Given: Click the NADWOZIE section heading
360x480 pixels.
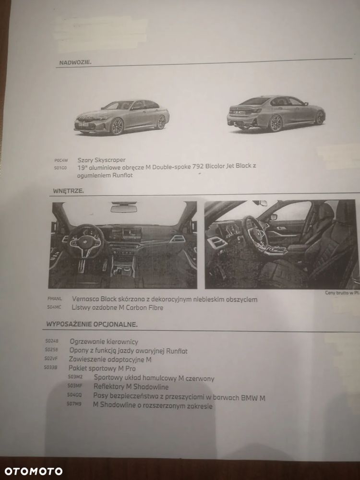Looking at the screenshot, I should click(x=75, y=62).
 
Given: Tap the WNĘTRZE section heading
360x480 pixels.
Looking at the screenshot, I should click(x=68, y=191).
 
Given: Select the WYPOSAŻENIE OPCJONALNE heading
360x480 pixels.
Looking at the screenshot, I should click(x=92, y=324).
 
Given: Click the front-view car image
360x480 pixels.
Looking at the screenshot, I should click(x=121, y=118).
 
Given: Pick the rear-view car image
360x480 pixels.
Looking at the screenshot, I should click(x=276, y=114).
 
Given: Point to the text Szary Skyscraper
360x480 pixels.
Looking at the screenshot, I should click(x=101, y=160).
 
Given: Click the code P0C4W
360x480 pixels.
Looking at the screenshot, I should click(x=61, y=160).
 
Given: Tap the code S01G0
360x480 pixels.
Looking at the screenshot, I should click(x=61, y=168).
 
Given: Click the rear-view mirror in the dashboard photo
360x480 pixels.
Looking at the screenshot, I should click(x=123, y=208).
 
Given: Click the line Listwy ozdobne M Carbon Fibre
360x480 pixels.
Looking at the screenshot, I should click(x=117, y=308).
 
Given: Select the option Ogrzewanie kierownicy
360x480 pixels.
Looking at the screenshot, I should click(x=104, y=342).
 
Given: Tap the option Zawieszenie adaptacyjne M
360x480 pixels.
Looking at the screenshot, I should click(x=110, y=360).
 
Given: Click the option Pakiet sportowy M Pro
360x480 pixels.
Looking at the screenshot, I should click(x=102, y=368).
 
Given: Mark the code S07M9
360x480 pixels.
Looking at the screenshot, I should click(x=74, y=404).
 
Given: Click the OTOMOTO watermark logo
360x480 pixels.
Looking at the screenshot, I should click(x=32, y=471).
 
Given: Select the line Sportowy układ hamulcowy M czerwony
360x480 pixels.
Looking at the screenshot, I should click(x=154, y=378).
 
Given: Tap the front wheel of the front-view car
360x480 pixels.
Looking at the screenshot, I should click(x=117, y=127).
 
